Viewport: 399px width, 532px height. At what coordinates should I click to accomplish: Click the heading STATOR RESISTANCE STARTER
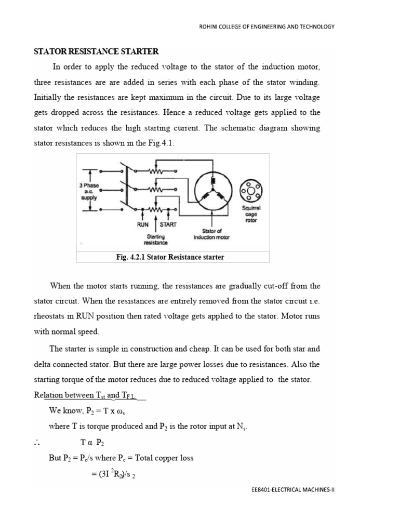point(96,51)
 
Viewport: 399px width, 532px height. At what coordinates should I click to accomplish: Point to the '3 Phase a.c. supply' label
point(89,191)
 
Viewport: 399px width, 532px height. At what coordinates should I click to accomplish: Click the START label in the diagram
point(167,225)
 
